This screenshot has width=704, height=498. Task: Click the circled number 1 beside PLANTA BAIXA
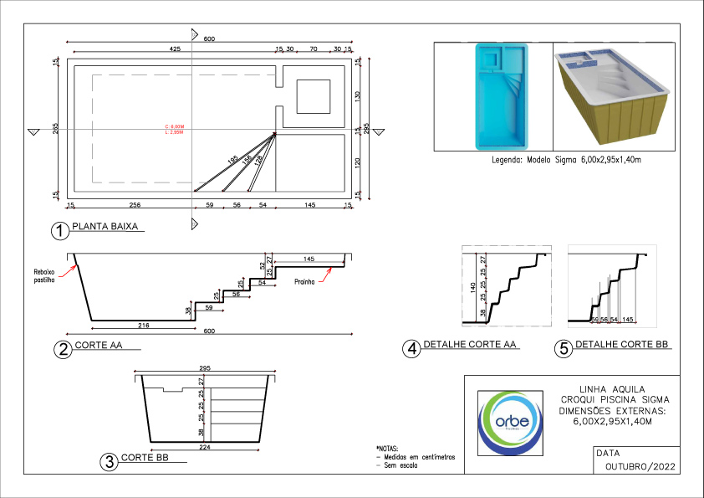tap(59, 231)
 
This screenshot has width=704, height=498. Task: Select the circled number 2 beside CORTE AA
tap(61, 350)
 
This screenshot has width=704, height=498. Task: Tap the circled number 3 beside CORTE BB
tap(108, 461)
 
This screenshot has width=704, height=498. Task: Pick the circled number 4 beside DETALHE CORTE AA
tap(411, 350)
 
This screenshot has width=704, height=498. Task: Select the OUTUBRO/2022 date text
tap(640, 466)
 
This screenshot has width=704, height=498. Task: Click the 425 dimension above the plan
tap(175, 50)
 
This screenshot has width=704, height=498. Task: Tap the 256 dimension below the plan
tap(135, 204)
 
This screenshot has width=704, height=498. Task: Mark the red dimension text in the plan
tap(174, 130)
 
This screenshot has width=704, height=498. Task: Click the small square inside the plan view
tap(314, 96)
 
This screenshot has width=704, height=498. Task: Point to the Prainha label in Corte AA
tap(304, 281)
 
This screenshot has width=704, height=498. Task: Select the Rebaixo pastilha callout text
tap(44, 275)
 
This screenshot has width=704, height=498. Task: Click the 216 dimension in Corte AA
tap(142, 324)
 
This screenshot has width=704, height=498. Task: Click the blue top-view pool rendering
tap(498, 95)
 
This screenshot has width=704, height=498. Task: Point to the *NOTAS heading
tap(390, 448)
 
